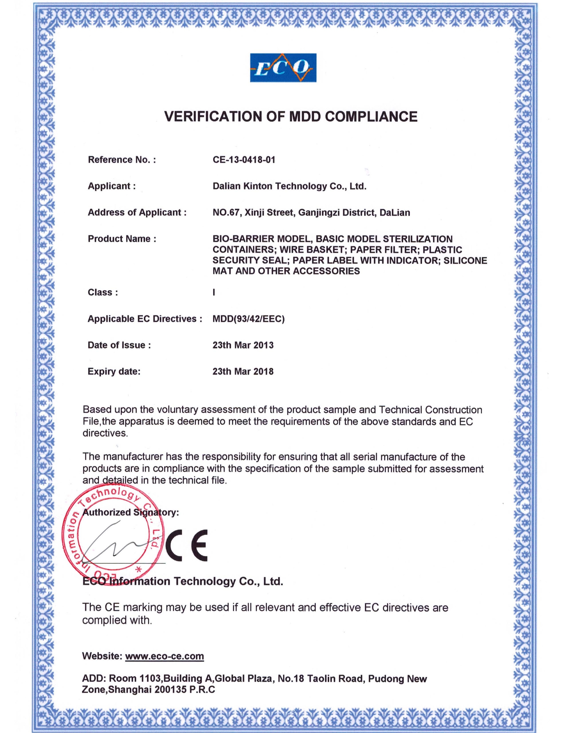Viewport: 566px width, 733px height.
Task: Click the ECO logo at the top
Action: tap(283, 67)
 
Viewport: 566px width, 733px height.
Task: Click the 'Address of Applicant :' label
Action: tap(137, 213)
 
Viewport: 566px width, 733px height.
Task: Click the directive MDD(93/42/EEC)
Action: tap(249, 319)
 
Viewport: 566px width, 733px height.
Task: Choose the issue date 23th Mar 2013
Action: tap(243, 345)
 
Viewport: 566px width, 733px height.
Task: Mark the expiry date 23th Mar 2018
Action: tap(243, 372)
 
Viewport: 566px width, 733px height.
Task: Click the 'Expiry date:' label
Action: tap(114, 372)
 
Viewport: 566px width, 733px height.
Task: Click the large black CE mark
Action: tap(187, 545)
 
